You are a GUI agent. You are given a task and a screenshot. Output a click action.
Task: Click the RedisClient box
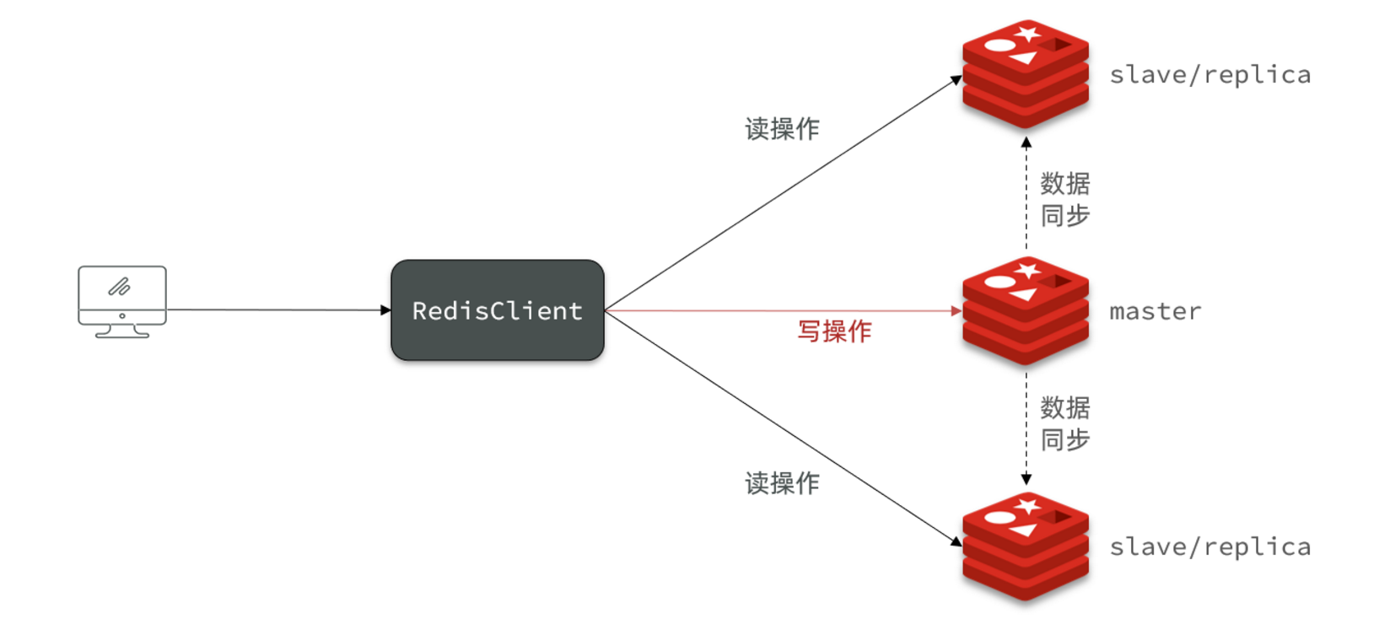(498, 310)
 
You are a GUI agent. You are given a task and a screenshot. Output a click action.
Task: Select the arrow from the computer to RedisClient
(278, 309)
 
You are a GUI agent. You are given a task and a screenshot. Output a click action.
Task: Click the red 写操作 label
(834, 331)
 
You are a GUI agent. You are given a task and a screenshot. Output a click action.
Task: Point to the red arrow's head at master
(956, 310)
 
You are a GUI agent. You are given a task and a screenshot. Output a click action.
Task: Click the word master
(1155, 311)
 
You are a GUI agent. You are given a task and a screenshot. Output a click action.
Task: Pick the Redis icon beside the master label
(1026, 310)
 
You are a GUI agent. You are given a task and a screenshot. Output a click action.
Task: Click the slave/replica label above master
(1209, 74)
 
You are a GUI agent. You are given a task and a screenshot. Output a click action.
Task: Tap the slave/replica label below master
(1209, 546)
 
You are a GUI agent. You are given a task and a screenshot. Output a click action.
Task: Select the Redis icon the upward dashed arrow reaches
(1026, 74)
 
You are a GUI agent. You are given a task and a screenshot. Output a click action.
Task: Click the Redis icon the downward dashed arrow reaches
(1026, 546)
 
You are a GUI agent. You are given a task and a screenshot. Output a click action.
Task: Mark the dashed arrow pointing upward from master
(1026, 194)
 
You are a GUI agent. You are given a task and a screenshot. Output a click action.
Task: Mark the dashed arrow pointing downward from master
(1026, 426)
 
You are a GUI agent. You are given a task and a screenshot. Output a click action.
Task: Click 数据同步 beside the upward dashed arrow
(1065, 199)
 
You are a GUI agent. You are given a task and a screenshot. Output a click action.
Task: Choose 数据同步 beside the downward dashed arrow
(1065, 423)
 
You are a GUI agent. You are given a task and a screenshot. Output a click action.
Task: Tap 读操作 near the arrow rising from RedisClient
(782, 129)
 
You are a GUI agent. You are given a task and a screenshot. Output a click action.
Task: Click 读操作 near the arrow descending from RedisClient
(782, 483)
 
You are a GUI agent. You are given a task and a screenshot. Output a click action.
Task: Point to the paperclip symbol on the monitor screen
(119, 288)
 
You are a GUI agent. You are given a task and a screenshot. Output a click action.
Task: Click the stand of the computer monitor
(122, 331)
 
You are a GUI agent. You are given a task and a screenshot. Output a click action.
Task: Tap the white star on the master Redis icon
(1027, 270)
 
